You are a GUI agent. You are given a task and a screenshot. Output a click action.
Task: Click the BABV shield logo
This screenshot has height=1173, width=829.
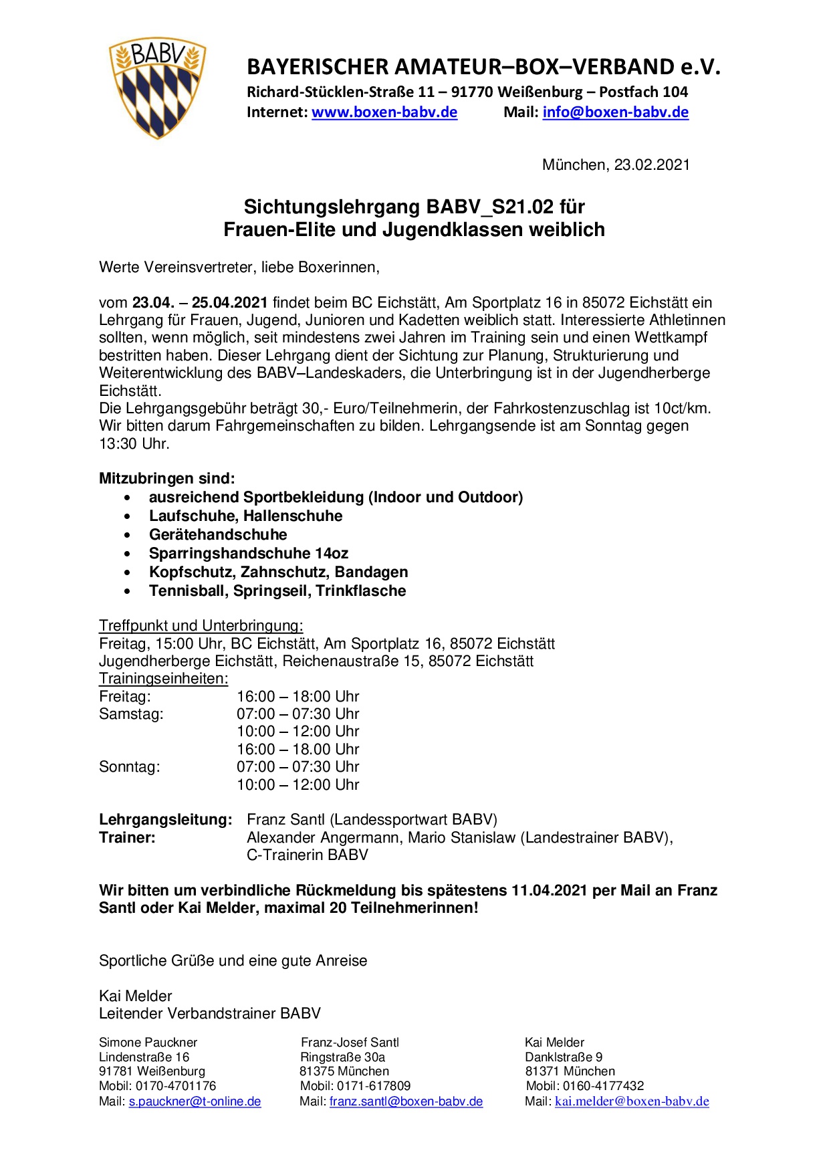click(x=157, y=88)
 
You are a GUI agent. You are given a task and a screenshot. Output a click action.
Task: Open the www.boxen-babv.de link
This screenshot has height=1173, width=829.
click(x=384, y=112)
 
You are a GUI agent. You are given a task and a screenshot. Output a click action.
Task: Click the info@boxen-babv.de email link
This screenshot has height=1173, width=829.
click(x=615, y=112)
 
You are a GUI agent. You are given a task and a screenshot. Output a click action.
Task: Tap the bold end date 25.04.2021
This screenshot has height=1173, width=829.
click(x=230, y=303)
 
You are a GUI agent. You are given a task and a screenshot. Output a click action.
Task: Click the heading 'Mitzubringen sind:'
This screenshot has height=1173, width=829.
click(x=167, y=479)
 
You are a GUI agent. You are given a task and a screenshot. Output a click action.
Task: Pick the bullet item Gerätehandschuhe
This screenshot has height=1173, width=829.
click(x=218, y=535)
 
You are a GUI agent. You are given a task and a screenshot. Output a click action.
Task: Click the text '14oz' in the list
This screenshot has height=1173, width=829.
click(x=332, y=554)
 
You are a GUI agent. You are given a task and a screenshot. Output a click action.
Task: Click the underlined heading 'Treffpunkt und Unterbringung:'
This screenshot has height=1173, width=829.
click(x=201, y=626)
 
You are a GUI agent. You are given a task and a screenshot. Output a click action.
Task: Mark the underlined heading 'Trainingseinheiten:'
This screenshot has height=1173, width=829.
click(x=163, y=679)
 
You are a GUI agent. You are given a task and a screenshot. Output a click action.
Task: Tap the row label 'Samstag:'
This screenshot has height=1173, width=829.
click(x=131, y=714)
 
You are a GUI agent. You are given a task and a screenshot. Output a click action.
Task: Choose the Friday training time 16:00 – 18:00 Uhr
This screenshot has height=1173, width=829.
click(x=298, y=697)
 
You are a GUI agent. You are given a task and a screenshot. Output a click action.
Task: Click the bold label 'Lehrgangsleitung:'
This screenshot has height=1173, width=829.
click(x=166, y=820)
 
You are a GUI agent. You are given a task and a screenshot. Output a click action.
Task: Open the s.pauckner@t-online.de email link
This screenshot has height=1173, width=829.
click(x=195, y=1101)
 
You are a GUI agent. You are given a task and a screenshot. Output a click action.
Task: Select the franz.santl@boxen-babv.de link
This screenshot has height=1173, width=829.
click(x=406, y=1101)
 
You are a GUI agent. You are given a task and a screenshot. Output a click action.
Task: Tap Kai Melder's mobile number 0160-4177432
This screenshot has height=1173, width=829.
click(x=603, y=1086)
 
